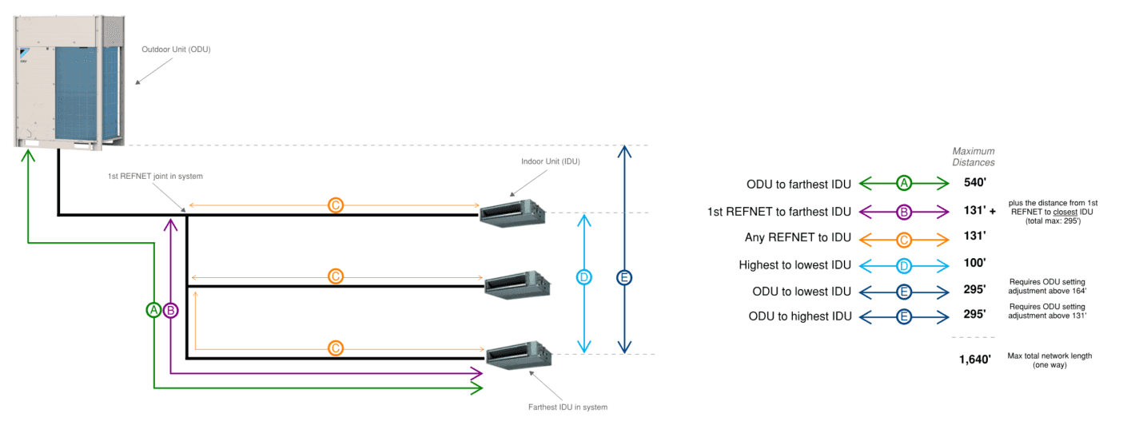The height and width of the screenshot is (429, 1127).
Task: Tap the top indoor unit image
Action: click(x=512, y=213)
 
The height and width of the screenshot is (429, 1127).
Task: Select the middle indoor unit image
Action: click(x=517, y=282)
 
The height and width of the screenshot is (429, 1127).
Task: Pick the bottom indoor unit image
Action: click(x=518, y=354)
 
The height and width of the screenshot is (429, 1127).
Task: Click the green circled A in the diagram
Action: click(x=154, y=310)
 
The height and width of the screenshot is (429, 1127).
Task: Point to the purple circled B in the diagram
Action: click(x=170, y=310)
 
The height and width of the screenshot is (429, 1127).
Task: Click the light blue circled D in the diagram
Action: click(x=584, y=277)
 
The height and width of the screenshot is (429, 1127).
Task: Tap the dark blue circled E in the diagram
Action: click(x=624, y=277)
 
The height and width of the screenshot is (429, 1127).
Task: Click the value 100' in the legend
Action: click(x=975, y=263)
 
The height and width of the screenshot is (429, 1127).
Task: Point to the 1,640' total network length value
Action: click(x=975, y=359)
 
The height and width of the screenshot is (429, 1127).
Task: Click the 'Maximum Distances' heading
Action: click(x=974, y=157)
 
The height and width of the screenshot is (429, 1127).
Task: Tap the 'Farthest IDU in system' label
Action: click(x=567, y=407)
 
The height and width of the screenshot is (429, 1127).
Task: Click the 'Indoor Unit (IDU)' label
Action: click(x=550, y=161)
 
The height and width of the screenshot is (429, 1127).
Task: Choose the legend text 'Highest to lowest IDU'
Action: click(x=795, y=264)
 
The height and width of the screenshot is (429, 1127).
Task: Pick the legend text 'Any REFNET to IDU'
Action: click(x=798, y=237)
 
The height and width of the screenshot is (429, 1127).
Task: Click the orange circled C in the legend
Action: click(x=904, y=237)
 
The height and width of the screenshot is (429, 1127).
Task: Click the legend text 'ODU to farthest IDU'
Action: click(x=798, y=184)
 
